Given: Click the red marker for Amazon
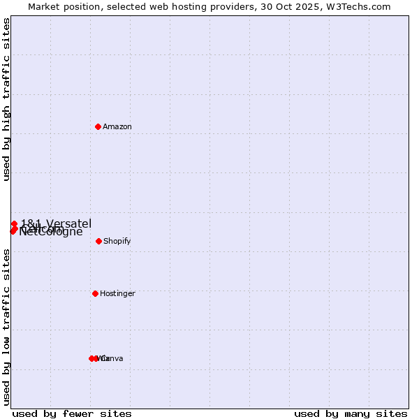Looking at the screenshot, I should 98,126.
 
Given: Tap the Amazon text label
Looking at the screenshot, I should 117,127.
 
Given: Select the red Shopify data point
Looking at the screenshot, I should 98,241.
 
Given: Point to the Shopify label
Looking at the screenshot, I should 117,242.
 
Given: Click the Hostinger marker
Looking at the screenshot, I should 95,293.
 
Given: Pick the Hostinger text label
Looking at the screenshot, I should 117,294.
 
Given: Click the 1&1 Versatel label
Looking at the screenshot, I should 56,223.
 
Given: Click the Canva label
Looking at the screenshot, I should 112,359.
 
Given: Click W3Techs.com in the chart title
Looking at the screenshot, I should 357,6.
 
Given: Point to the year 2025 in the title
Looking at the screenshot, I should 304,6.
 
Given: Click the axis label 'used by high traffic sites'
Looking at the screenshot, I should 6,99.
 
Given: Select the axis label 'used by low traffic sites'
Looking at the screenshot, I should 6,327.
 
